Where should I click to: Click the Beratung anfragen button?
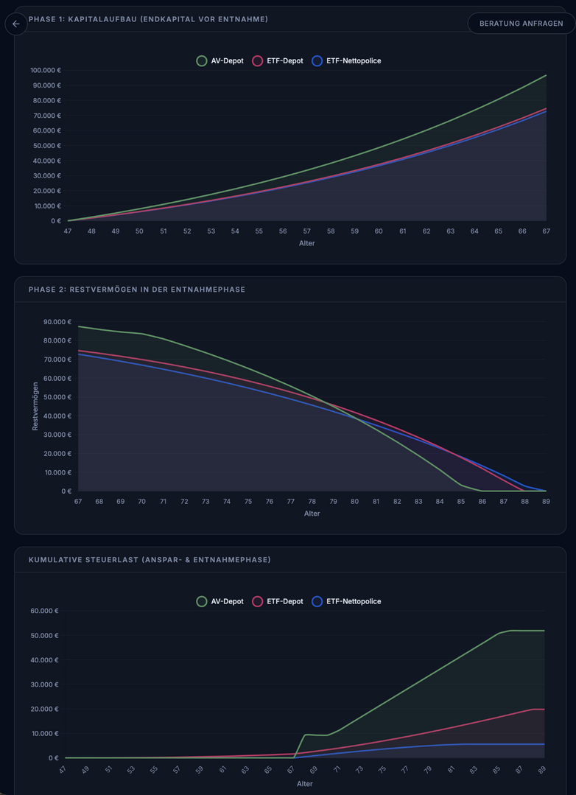521,23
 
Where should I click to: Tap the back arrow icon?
16,24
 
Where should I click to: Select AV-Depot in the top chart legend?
220,60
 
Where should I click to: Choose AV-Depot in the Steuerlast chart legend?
220,601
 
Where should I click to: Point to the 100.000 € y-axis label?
46,71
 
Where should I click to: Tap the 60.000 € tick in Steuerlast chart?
44,611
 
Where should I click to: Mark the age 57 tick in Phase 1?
307,231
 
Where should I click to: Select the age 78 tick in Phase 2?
312,502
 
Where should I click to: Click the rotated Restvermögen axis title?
35,405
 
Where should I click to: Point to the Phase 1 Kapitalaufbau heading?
148,18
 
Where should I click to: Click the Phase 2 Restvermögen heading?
137,290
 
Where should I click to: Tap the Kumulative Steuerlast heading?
150,560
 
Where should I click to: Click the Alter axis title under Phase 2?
312,514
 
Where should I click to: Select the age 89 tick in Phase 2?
546,502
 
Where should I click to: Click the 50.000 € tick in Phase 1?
46,146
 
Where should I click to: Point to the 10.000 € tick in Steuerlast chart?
44,733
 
